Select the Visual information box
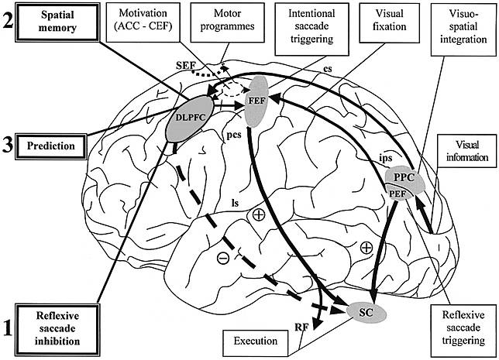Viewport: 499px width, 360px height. coord(463,149)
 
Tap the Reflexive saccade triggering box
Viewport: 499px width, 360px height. coord(460,325)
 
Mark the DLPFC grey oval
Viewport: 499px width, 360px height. coord(191,117)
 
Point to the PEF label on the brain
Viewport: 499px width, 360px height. coord(400,192)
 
